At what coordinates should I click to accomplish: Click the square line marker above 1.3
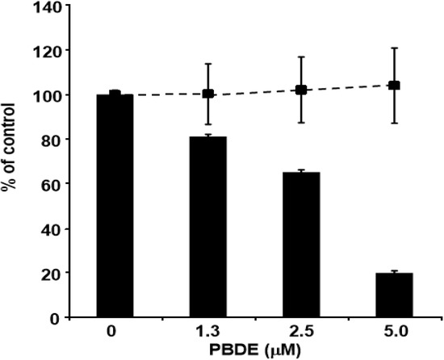click(208, 94)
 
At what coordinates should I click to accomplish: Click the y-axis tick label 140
click(48, 6)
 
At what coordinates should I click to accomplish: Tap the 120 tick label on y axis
click(48, 51)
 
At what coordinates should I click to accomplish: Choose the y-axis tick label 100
click(48, 95)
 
